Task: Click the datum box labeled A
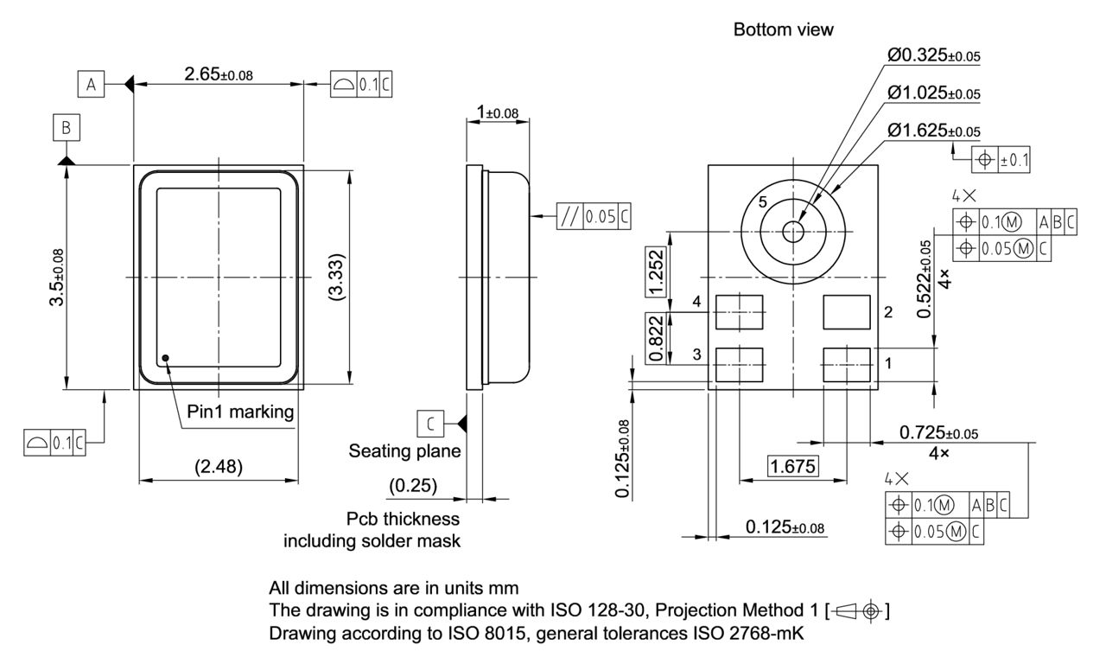(x=90, y=84)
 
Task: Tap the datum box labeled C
(x=430, y=423)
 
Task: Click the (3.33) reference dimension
(x=338, y=278)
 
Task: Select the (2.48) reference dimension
(x=218, y=467)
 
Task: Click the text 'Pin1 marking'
(x=240, y=412)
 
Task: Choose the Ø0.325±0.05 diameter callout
(x=933, y=56)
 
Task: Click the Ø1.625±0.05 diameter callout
(x=933, y=131)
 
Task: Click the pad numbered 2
(x=848, y=311)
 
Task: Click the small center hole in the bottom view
(x=792, y=231)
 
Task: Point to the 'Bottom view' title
(x=783, y=30)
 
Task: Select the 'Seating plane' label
(x=404, y=450)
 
